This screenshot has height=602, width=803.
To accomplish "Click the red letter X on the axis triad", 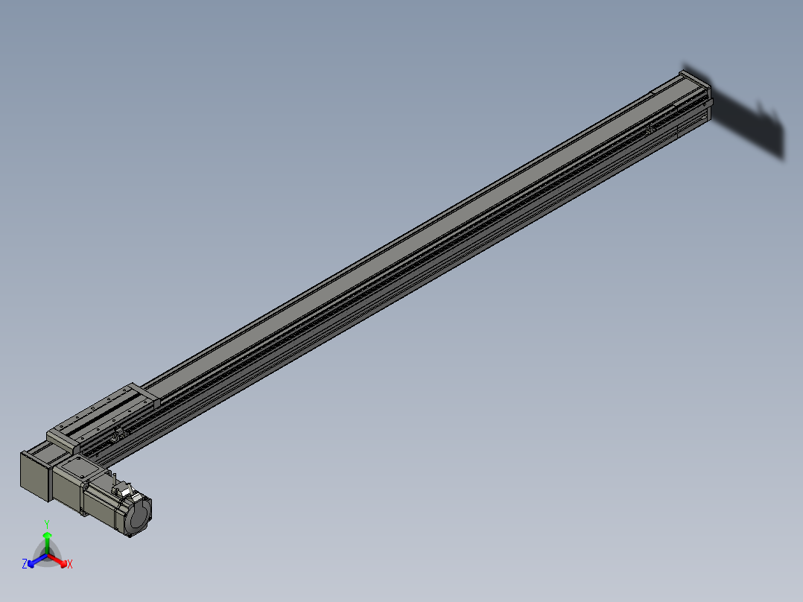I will click(70, 565).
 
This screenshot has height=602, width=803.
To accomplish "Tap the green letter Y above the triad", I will click(47, 524).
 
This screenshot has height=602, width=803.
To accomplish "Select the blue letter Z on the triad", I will click(25, 565).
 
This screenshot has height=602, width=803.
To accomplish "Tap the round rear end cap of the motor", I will click(141, 517).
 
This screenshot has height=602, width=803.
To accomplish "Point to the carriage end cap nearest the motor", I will click(63, 439).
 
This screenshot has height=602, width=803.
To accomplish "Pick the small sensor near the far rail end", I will click(650, 129).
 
